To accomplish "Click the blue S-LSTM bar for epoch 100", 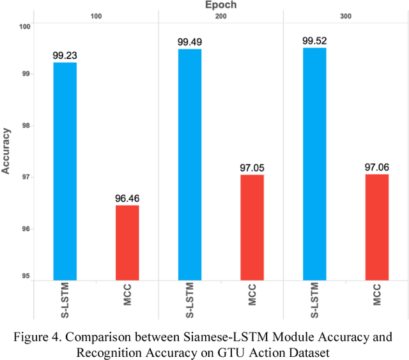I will pyautogui.click(x=65, y=171).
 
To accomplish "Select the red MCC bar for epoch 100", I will pyautogui.click(x=127, y=243).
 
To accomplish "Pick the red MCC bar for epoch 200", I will pyautogui.click(x=252, y=227).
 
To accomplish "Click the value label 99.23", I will pyautogui.click(x=65, y=56).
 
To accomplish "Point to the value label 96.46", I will pyautogui.click(x=127, y=199).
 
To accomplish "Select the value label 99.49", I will pyautogui.click(x=189, y=42).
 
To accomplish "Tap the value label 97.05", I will pyautogui.click(x=252, y=168).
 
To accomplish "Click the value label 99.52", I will pyautogui.click(x=314, y=41).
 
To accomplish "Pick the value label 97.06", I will pyautogui.click(x=376, y=167).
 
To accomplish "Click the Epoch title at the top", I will pyautogui.click(x=220, y=5).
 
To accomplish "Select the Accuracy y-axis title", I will pyautogui.click(x=6, y=151).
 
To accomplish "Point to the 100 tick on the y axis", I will pyautogui.click(x=24, y=27).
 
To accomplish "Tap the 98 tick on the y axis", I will pyautogui.click(x=26, y=126).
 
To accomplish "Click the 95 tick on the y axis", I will pyautogui.click(x=26, y=276).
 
